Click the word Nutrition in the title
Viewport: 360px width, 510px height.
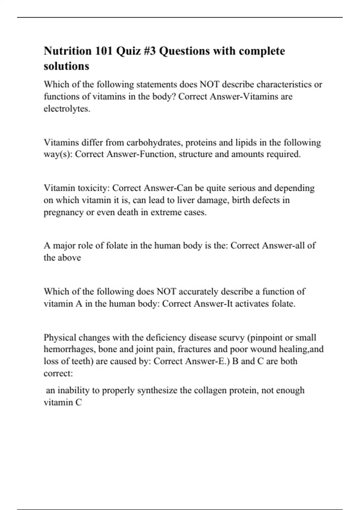pyautogui.click(x=68, y=51)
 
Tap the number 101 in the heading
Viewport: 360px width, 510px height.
pyautogui.click(x=104, y=51)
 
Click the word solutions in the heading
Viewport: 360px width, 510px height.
pyautogui.click(x=67, y=66)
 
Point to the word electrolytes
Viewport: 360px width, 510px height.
pyautogui.click(x=67, y=109)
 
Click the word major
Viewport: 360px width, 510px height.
pyautogui.click(x=64, y=246)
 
